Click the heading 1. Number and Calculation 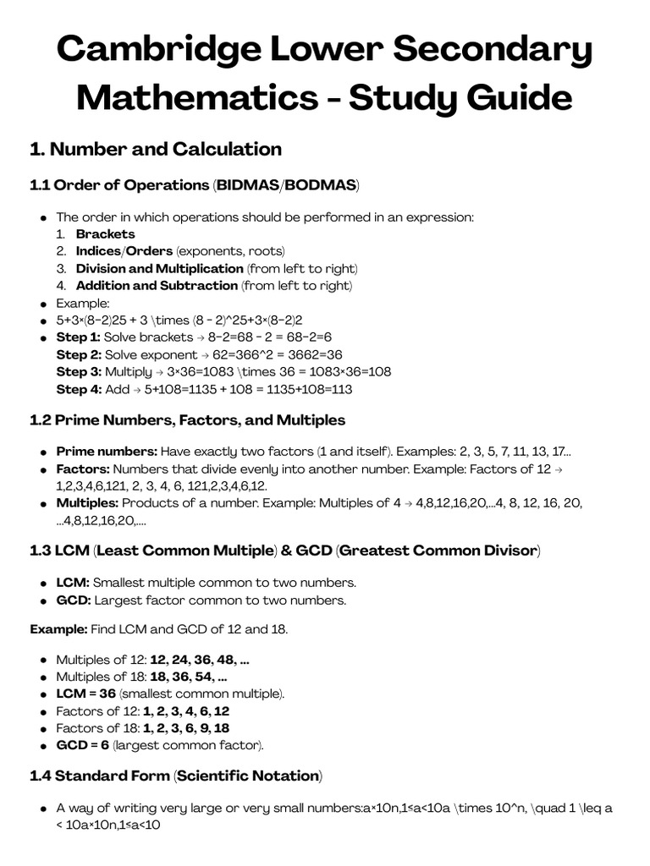156,150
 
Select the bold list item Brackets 105,234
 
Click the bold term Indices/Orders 124,251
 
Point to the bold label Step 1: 78,337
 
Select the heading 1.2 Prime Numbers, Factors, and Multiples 187,420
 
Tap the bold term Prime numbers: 106,452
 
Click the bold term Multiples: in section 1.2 87,503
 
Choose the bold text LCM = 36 85,694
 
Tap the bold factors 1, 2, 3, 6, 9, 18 186,728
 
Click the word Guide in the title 522,98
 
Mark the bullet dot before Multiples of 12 43,660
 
